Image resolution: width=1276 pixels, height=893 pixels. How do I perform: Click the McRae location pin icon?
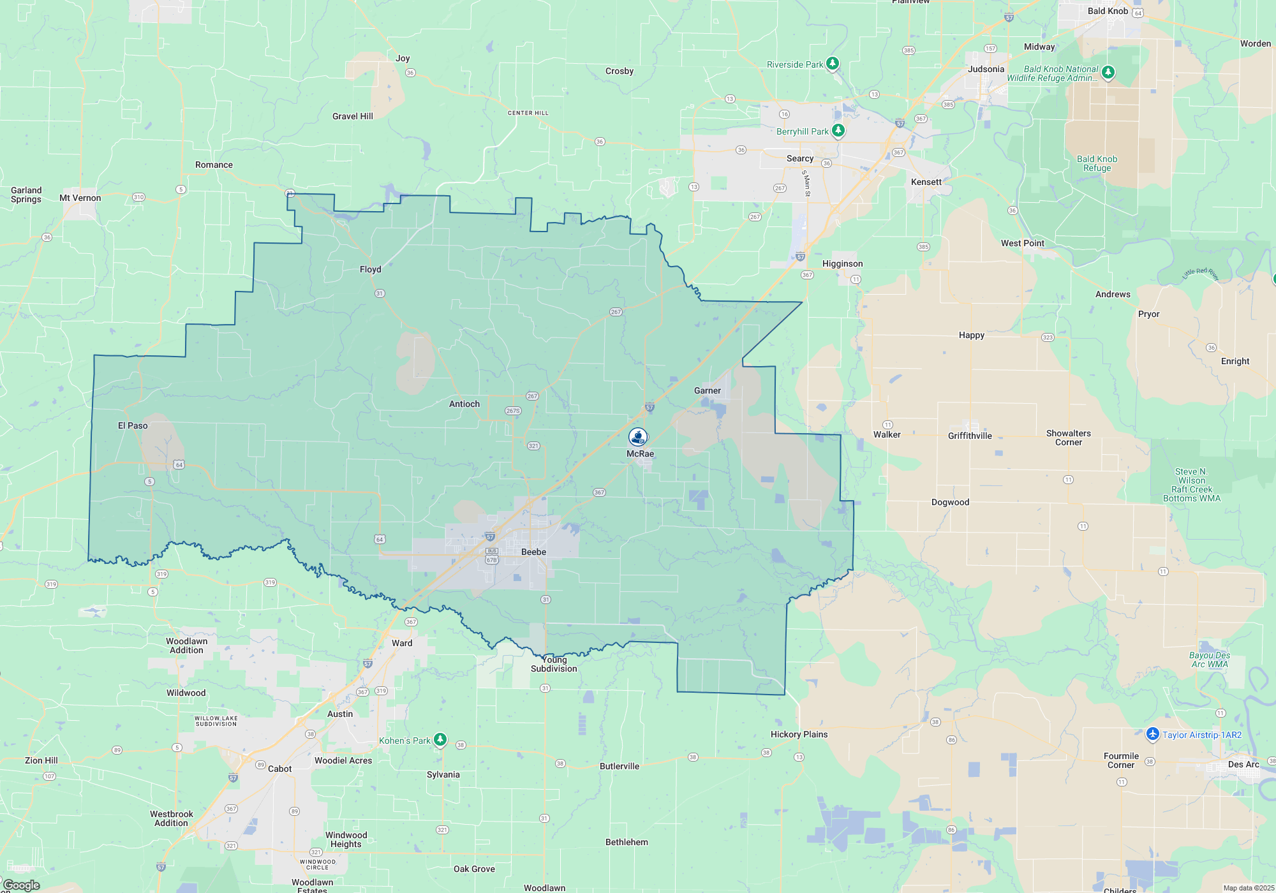(x=638, y=437)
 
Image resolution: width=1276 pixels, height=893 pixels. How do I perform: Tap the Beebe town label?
(x=533, y=552)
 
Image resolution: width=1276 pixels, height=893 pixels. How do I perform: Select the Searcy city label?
(x=799, y=158)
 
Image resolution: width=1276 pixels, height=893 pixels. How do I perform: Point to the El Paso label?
(x=133, y=425)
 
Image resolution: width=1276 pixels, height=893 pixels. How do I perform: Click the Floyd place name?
(x=370, y=269)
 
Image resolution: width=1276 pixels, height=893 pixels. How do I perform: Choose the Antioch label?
(x=464, y=404)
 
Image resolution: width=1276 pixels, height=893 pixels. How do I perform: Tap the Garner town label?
(x=707, y=390)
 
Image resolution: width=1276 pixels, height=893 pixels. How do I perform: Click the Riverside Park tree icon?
(x=833, y=64)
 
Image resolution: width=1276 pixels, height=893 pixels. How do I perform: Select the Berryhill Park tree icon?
(x=838, y=131)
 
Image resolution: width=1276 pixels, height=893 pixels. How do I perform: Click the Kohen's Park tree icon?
(x=440, y=740)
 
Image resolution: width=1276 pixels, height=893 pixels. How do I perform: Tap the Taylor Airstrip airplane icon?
(x=1152, y=734)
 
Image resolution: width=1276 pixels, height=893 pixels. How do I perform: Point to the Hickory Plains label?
(x=799, y=734)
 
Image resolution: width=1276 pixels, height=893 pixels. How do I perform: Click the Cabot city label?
(x=279, y=769)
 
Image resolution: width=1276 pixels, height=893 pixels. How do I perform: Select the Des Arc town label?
(x=1243, y=764)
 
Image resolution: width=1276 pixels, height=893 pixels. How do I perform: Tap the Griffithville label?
(x=970, y=436)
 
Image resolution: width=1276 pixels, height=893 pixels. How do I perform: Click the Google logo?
(x=22, y=885)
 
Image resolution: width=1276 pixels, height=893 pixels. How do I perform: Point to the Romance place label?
(x=214, y=165)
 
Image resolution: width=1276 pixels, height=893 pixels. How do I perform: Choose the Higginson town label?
(x=842, y=263)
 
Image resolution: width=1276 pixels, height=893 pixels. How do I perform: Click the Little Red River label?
(x=1201, y=274)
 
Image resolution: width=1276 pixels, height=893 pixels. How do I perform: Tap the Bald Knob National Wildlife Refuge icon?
(x=1108, y=72)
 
